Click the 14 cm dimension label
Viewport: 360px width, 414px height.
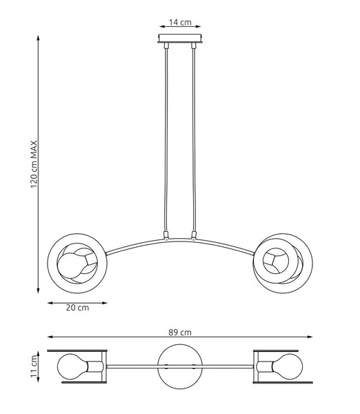(181, 22)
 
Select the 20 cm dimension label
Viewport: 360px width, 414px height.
(77, 308)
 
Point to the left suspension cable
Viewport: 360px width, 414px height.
(166, 138)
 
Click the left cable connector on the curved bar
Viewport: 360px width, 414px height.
(166, 236)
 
